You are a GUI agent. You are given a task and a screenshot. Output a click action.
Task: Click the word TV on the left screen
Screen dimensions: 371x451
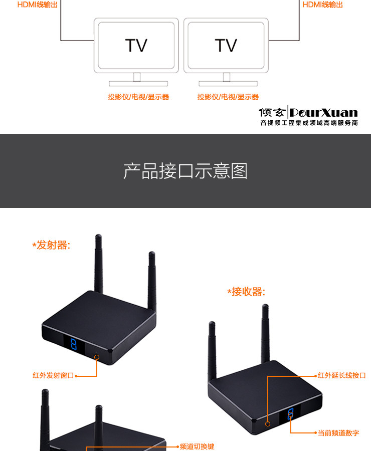coord(136,46)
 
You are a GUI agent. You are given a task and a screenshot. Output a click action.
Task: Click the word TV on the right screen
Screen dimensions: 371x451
coord(226,46)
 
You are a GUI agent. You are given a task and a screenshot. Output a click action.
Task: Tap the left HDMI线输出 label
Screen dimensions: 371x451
coord(38,5)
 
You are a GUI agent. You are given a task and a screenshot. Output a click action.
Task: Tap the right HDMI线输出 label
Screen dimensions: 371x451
coord(323,5)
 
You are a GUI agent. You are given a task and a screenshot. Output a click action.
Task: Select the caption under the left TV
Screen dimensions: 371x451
coord(138,97)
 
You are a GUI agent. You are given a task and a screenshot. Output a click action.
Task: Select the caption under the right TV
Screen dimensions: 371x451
coord(228,97)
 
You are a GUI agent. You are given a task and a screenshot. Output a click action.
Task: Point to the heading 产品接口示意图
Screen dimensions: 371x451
coord(185,171)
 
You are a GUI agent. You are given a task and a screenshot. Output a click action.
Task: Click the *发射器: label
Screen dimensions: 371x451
coord(52,245)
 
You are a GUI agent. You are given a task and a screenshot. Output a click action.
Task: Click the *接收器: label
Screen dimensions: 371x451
coord(246,292)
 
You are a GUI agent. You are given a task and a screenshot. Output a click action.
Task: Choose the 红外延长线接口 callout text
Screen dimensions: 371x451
coord(342,375)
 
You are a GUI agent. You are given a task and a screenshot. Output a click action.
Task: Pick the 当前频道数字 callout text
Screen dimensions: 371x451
coord(338,433)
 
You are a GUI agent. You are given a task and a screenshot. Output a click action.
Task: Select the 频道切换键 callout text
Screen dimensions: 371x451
coord(197,446)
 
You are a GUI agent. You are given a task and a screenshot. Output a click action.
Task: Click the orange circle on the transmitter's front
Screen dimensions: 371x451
coord(97,357)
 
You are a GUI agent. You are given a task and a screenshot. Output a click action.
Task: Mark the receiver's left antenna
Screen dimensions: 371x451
coord(213,351)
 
